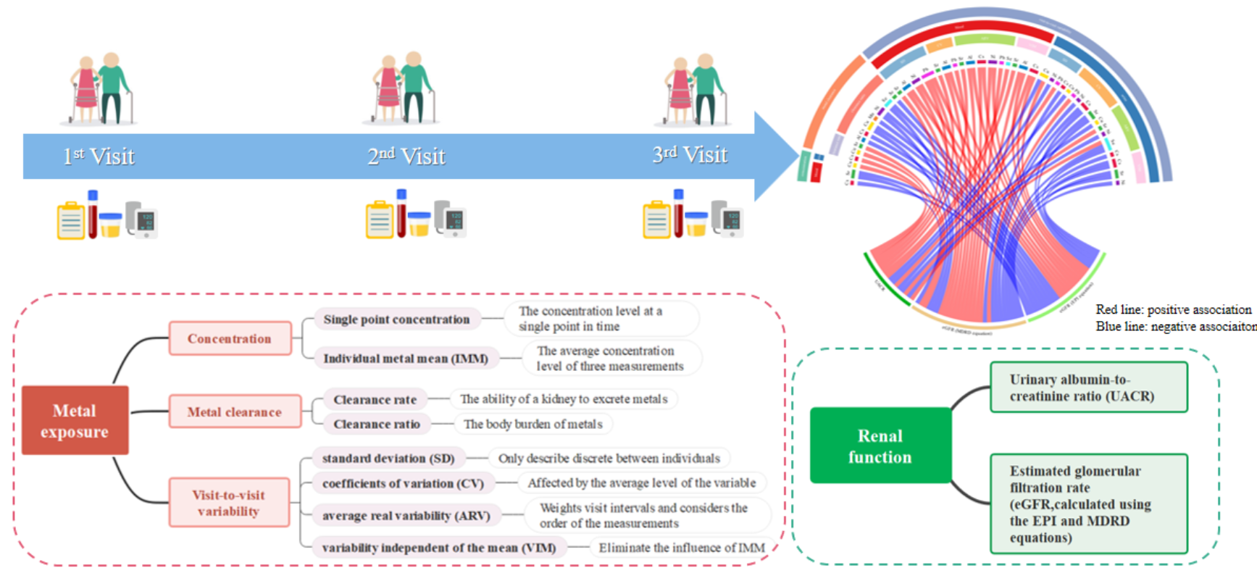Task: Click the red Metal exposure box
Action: coord(75,421)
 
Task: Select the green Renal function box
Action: coord(880,446)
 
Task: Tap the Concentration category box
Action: coord(230,338)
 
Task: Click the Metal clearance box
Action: coord(235,411)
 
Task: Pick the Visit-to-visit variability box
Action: coord(229,503)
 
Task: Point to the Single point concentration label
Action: coord(396,319)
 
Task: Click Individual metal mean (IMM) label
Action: coord(406,359)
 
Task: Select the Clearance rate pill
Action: coord(375,399)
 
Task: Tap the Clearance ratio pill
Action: coord(377,424)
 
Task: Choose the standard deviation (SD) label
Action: coord(388,459)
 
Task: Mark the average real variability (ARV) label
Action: coord(406,516)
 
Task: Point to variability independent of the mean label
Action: coord(439,548)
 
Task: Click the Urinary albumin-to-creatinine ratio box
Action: coord(1088,388)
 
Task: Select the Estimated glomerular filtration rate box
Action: coord(1088,504)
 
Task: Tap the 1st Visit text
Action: coord(99,156)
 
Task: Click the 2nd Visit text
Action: coord(406,156)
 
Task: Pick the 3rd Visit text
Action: coord(690,155)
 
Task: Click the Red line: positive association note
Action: coord(1173,309)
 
